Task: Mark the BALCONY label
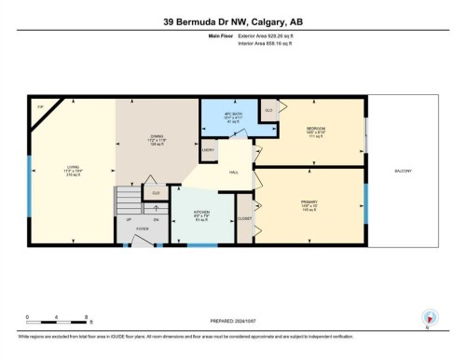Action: (x=404, y=171)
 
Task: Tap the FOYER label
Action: (x=143, y=227)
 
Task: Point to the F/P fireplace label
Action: (x=39, y=109)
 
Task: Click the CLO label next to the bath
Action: (x=269, y=110)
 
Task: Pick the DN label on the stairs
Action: (x=155, y=218)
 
